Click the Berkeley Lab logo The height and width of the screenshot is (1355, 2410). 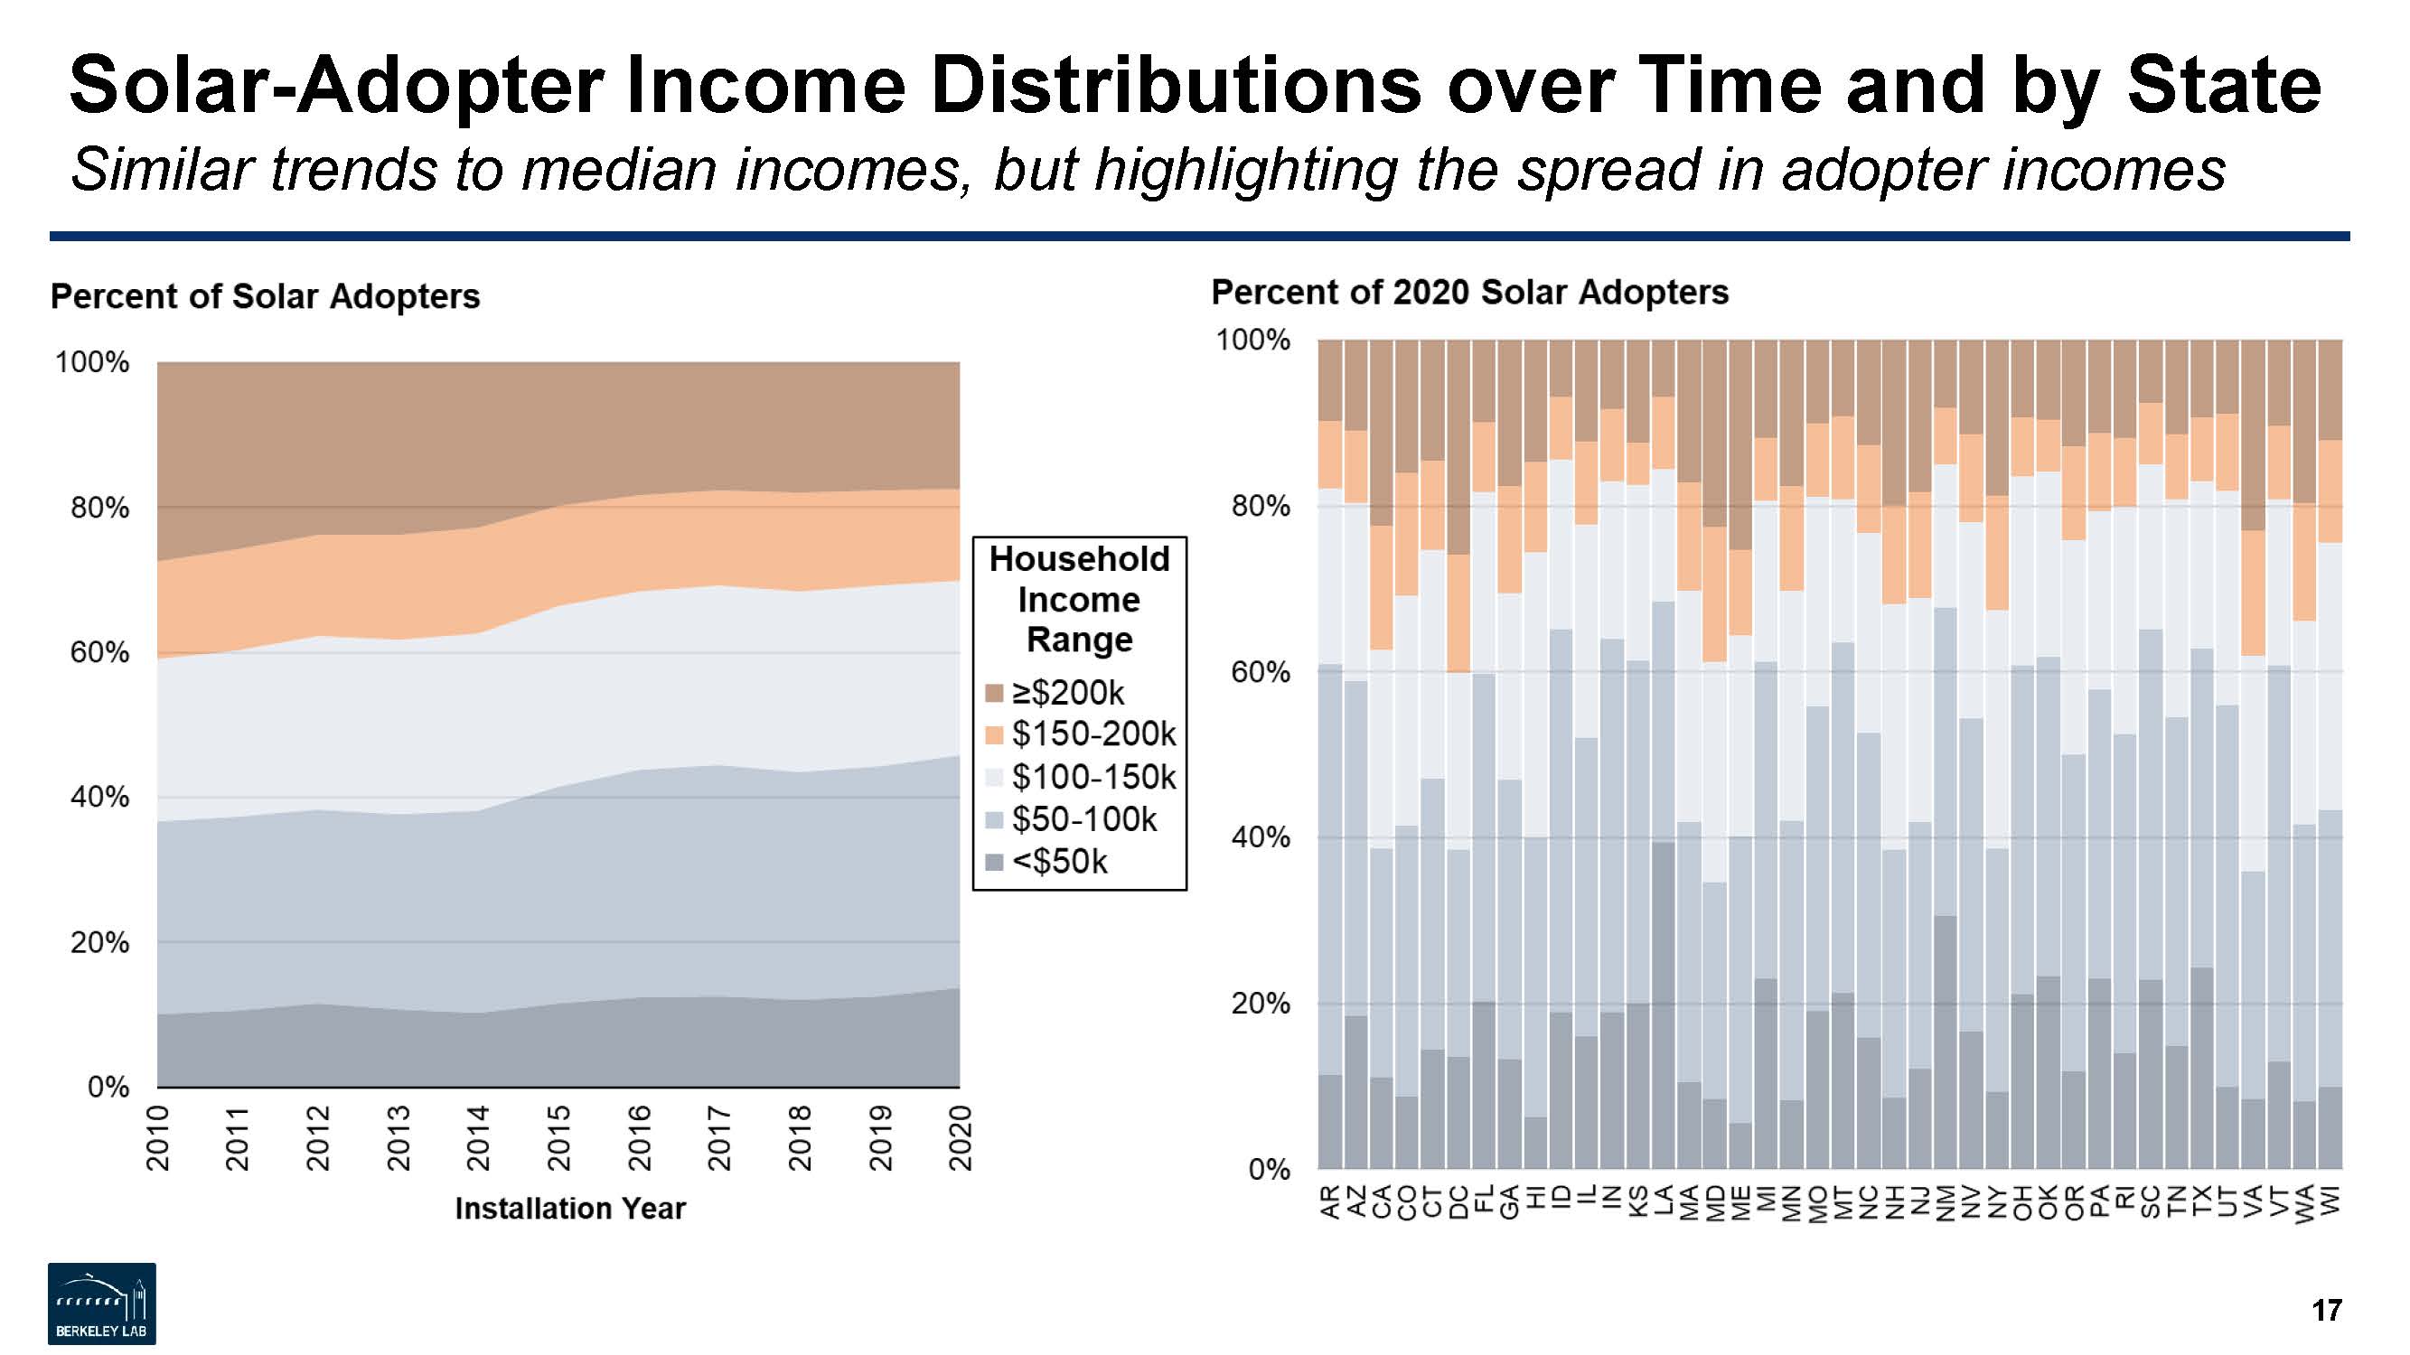pos(102,1304)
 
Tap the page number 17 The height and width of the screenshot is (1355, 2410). pos(2327,1310)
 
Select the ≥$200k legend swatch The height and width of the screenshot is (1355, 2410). pos(995,693)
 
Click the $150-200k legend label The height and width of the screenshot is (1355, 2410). pos(1092,734)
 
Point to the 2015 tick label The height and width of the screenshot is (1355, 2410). pos(558,1137)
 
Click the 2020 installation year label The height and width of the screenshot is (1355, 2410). pos(961,1137)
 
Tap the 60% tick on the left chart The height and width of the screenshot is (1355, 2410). pos(99,652)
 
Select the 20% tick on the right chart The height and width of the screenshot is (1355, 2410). pos(1260,1004)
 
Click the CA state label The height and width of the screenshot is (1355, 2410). pos(1381,1201)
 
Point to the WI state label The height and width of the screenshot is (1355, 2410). pos(2330,1201)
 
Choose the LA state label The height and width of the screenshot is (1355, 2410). pos(1663,1201)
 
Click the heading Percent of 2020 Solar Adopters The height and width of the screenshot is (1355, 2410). pos(1468,293)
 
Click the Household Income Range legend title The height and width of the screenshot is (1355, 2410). pos(1079,600)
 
